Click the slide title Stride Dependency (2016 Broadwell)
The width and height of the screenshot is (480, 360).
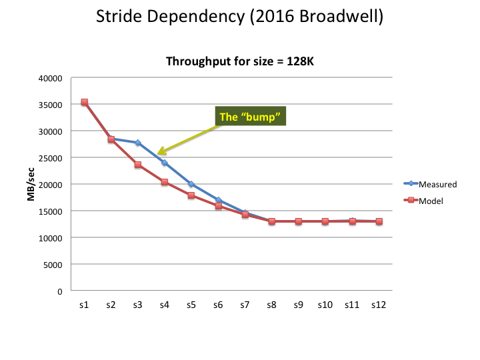240,17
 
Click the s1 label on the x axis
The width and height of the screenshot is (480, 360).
84,305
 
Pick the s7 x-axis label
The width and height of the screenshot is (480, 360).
245,305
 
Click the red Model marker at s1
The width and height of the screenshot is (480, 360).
84,103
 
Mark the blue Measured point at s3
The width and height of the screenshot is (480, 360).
137,143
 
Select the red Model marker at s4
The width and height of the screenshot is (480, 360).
164,182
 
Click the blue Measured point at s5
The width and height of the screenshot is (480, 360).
191,184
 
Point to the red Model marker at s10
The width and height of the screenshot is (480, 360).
325,221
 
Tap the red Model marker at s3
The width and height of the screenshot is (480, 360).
137,165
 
